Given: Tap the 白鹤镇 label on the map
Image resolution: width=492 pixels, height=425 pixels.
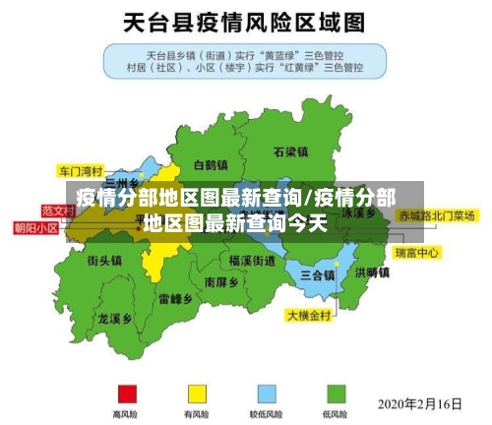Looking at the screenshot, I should click(x=212, y=165).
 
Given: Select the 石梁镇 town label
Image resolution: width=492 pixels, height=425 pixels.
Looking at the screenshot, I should click(x=290, y=152).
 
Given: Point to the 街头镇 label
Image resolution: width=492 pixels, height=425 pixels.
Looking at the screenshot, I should click(x=104, y=261).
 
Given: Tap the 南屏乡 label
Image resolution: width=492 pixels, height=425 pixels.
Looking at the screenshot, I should click(x=221, y=281).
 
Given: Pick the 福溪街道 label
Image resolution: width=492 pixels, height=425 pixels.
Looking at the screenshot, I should click(x=252, y=261).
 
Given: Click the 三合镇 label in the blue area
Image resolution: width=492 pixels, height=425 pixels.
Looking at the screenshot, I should click(x=317, y=273).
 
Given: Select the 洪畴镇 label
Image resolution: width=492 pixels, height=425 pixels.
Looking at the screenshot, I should click(x=372, y=273).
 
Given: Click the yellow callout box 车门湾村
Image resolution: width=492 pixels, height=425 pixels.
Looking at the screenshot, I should click(x=81, y=169).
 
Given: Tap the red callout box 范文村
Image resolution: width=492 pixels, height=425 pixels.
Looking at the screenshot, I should click(x=59, y=211).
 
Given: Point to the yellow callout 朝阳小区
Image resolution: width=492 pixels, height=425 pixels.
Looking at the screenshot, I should click(x=35, y=228).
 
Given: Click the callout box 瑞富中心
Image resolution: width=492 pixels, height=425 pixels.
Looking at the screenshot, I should click(x=416, y=253).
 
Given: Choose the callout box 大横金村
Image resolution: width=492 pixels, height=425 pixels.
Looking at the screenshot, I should click(x=310, y=317).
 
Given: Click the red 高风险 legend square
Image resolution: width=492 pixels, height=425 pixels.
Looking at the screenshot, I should click(x=127, y=394).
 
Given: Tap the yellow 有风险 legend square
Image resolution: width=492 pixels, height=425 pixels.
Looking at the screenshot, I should click(x=198, y=394).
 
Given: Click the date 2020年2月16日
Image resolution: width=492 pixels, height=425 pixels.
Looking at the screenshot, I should click(x=420, y=403).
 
